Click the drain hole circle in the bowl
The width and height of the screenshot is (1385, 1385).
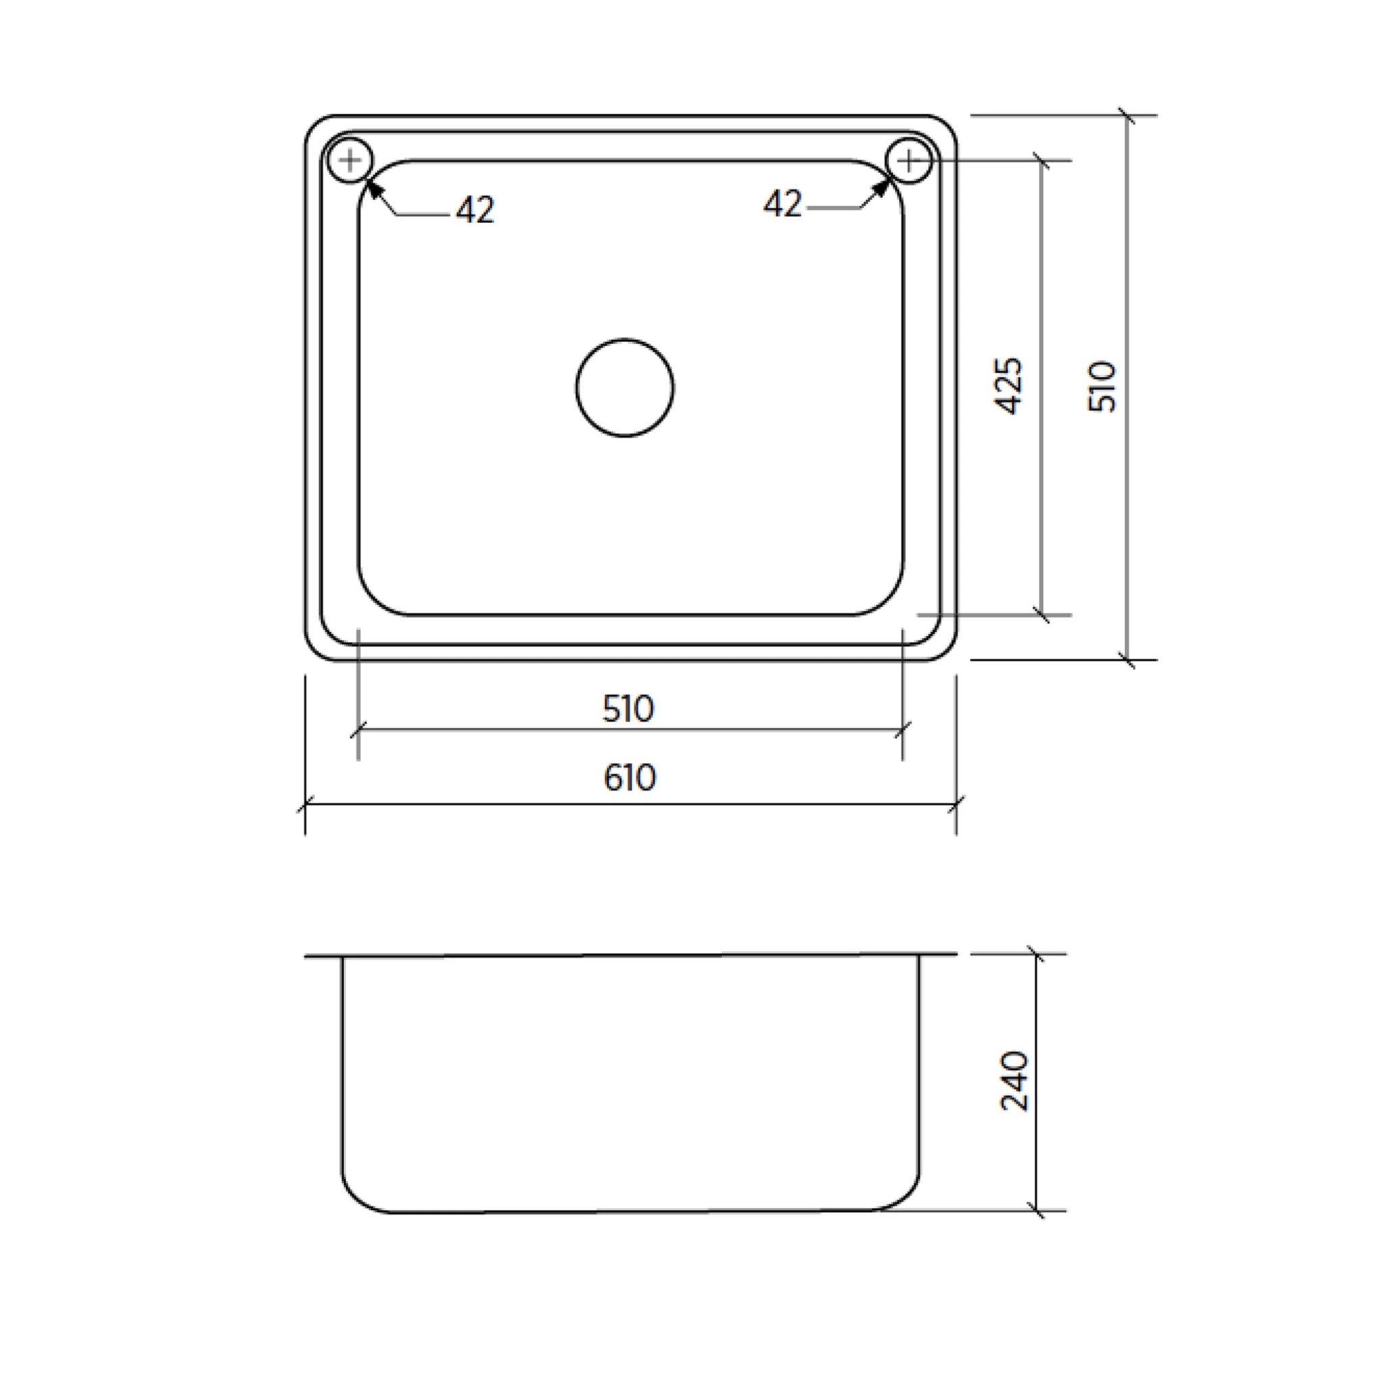(x=624, y=387)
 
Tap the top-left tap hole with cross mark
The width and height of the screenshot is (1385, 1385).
(x=350, y=160)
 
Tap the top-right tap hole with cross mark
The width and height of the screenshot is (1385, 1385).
(x=908, y=160)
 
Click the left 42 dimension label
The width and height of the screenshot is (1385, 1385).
(x=475, y=210)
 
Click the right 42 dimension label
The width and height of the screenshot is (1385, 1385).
(x=782, y=204)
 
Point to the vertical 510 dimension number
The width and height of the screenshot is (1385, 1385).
(x=1102, y=385)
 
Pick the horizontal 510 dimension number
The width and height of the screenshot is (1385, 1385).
(x=628, y=709)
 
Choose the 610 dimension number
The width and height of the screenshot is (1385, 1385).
(x=630, y=778)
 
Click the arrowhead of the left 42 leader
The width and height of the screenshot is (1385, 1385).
(x=373, y=189)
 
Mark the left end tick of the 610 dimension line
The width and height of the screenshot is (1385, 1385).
(x=306, y=804)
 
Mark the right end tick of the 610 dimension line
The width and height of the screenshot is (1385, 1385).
(x=956, y=804)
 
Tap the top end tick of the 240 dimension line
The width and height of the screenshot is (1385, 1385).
(x=1036, y=954)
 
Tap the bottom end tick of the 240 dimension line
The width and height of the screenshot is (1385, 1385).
(x=1036, y=1211)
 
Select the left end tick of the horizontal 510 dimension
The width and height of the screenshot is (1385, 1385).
(x=358, y=730)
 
